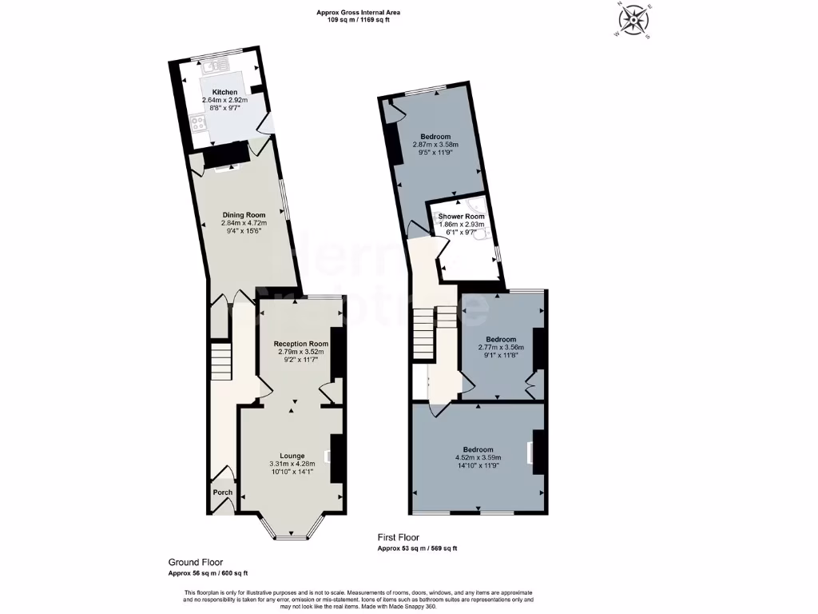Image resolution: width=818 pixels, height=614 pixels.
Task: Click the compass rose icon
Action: click(636, 19)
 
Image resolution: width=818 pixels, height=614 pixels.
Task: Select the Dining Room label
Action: click(243, 215)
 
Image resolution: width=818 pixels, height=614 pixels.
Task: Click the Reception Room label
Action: click(296, 343)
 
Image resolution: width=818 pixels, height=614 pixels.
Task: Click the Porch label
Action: click(222, 492)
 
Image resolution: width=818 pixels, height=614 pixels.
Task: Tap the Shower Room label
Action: click(461, 217)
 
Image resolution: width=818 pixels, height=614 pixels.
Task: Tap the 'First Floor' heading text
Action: click(399, 538)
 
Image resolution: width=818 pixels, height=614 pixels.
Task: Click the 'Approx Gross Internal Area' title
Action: click(357, 12)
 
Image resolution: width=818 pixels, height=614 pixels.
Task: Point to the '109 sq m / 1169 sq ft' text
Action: click(357, 20)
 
